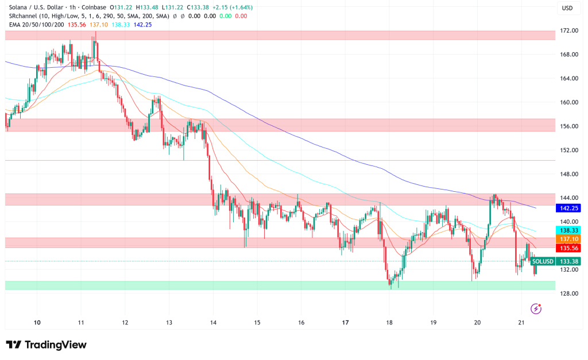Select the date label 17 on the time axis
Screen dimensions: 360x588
click(x=345, y=323)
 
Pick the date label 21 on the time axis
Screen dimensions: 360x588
click(x=521, y=323)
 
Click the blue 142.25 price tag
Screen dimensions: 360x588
click(x=567, y=208)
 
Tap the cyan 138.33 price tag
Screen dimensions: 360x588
click(x=567, y=229)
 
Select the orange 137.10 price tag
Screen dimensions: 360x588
click(x=567, y=238)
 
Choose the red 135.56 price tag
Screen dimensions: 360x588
click(x=567, y=248)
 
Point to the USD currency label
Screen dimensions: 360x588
click(x=567, y=7)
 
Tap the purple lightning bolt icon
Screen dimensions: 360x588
click(x=536, y=309)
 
